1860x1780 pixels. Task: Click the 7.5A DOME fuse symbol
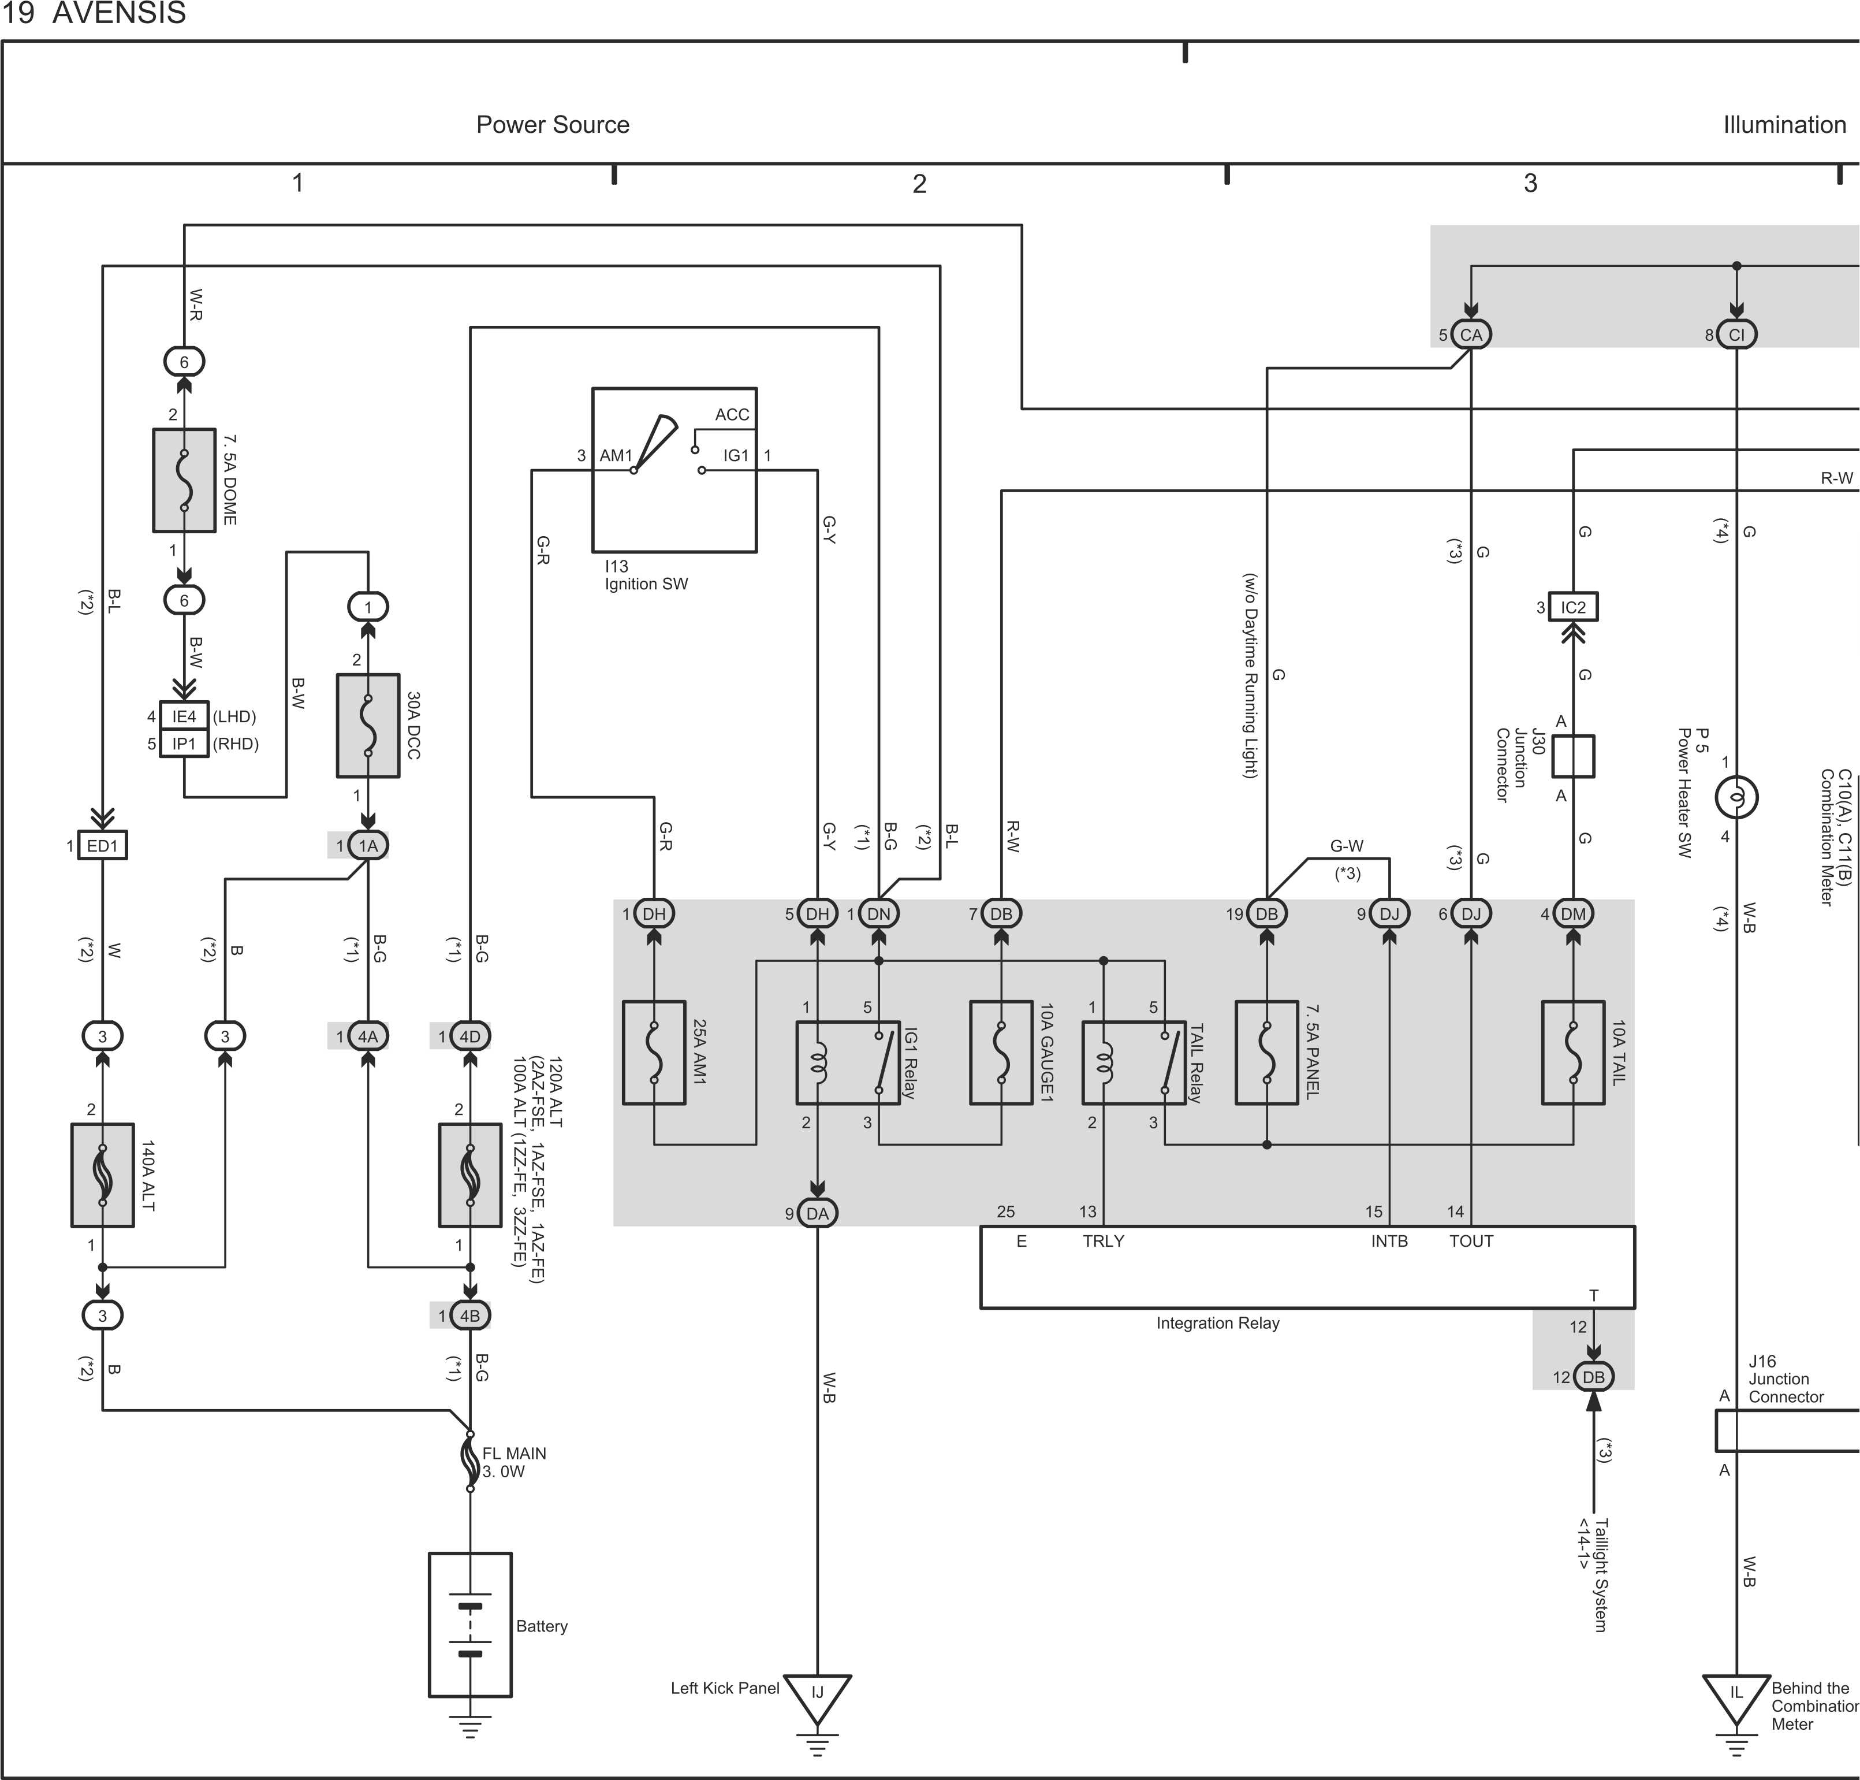pos(184,480)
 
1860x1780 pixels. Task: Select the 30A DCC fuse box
pos(368,726)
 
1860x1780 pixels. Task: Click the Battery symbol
pos(471,1625)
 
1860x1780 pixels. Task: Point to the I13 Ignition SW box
pos(674,470)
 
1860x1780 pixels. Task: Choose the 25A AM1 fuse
pos(654,1052)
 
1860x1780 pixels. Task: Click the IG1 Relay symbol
pos(847,1062)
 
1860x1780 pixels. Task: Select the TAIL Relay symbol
pos(1134,1062)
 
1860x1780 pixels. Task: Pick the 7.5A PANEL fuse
pos(1266,1052)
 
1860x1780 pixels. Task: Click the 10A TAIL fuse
pos(1574,1052)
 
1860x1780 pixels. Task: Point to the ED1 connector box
pos(102,845)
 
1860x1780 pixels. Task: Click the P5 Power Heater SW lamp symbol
pos(1736,798)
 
